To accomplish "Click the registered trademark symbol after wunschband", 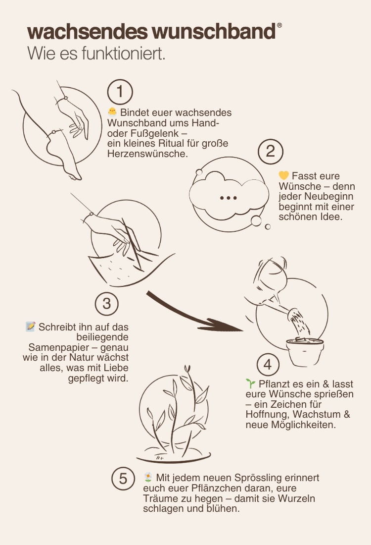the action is (279, 25).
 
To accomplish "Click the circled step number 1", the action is (120, 92).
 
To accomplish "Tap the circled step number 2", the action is (271, 152).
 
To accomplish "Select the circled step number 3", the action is (106, 304).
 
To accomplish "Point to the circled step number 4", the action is (268, 365).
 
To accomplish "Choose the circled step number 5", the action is (123, 479).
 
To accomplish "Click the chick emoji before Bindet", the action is (112, 112).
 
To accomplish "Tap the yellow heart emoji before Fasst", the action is (283, 175).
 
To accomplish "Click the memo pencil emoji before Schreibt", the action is (31, 327).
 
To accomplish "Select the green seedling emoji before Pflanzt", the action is (250, 383).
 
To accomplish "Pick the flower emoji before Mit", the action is (148, 477).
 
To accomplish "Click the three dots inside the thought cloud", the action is (229, 198).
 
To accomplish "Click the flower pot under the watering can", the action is (305, 352).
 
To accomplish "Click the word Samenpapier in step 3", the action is (58, 348).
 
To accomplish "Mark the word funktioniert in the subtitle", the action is (123, 54).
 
